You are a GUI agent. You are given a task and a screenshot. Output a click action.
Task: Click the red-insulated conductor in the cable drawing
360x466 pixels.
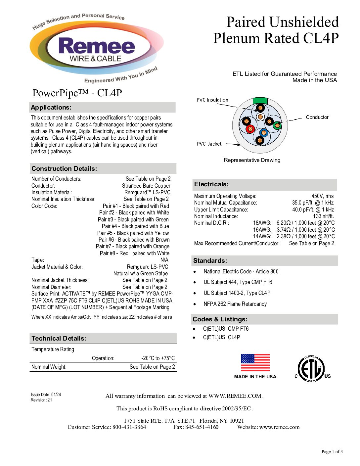pos(250,129)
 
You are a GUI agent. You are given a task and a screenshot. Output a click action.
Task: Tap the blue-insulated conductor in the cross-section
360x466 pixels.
pos(264,133)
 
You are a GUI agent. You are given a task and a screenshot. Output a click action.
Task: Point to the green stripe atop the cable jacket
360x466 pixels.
pos(260,100)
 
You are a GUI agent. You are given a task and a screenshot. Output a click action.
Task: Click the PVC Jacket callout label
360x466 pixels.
pos(209,144)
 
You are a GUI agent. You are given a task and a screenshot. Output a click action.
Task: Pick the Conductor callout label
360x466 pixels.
pos(317,117)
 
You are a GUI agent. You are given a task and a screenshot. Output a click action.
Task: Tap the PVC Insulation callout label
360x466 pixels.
pos(212,100)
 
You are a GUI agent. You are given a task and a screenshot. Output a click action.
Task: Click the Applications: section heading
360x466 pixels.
pos(51,107)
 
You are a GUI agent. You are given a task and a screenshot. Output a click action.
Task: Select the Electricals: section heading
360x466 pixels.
pos(211,184)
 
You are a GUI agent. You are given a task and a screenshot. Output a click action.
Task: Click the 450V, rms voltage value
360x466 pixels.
pos(322,196)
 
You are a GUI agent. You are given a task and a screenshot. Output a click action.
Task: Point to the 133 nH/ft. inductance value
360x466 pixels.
pos(323,216)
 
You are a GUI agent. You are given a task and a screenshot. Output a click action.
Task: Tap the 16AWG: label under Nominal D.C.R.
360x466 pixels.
pos(262,230)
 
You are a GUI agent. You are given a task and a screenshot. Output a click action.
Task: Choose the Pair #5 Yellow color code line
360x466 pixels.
pos(133,233)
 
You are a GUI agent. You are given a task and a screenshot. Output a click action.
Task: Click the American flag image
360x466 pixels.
pos(255,363)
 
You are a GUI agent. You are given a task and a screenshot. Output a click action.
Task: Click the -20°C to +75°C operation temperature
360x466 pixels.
pos(158,358)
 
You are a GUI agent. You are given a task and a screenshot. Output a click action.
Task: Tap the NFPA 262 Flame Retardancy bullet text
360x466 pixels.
pos(235,304)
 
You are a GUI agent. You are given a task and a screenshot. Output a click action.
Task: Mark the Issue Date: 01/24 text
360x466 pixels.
pos(46,395)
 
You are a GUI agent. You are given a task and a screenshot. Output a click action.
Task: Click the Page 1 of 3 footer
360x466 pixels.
pos(332,451)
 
